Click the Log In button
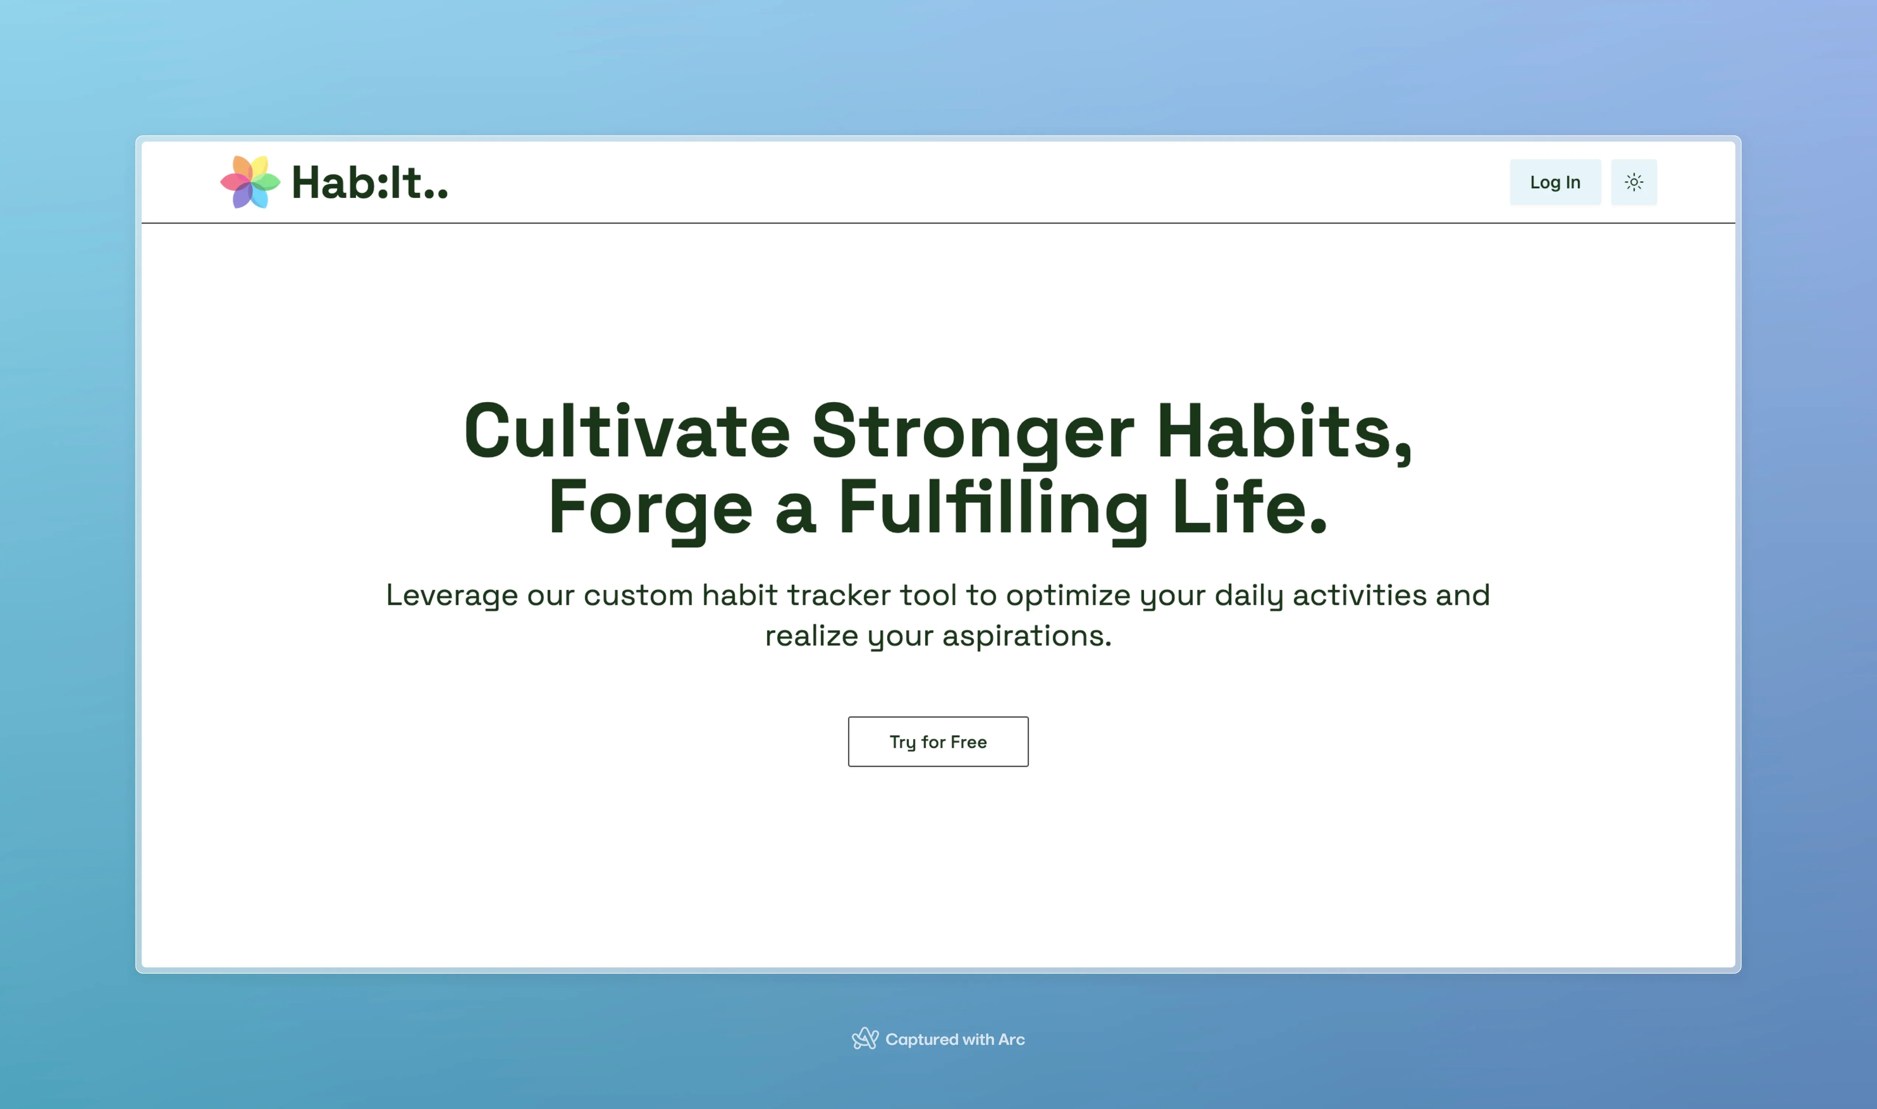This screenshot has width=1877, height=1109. [x=1555, y=182]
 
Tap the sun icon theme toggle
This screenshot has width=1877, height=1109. [x=1634, y=182]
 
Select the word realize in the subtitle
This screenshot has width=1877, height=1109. [x=812, y=636]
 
